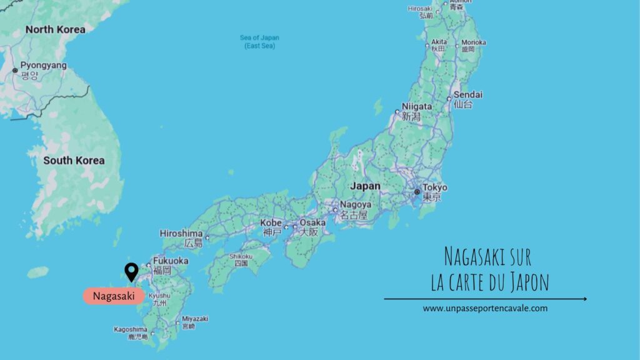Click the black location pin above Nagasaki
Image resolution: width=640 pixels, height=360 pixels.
point(131,271)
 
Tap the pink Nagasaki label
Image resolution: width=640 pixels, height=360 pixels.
point(113,296)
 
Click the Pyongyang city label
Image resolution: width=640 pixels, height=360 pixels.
point(43,65)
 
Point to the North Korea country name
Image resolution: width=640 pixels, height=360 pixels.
point(55,29)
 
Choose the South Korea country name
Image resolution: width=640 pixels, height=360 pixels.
point(74,161)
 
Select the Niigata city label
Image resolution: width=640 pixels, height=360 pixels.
point(417,106)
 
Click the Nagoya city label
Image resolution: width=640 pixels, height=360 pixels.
point(356,204)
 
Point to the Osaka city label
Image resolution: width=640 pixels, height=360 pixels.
point(312,222)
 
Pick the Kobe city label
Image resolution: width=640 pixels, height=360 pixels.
point(271,222)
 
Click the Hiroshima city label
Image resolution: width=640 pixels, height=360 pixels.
point(181,233)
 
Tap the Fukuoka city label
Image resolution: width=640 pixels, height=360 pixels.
point(170,261)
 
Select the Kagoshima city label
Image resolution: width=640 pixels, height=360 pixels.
point(131,329)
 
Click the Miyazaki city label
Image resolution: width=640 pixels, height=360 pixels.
point(195,319)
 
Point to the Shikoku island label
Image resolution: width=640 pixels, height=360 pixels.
point(241,256)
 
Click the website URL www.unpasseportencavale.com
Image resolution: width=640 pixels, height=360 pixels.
point(485,308)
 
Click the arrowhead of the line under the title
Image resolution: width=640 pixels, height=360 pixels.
point(584,299)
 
